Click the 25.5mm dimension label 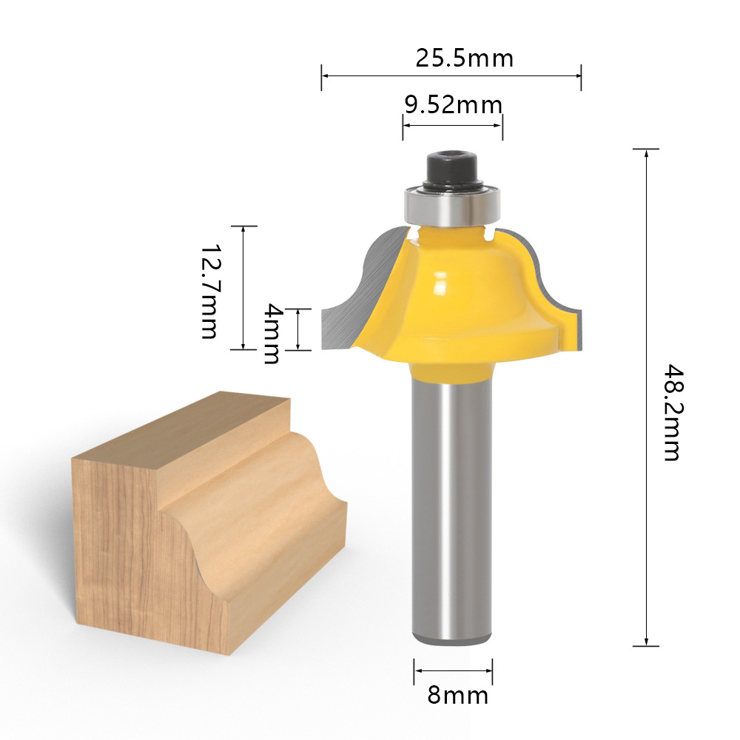tap(465, 58)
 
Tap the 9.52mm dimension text tap(453, 105)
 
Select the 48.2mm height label tap(673, 412)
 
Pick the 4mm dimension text tap(272, 334)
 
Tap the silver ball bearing tap(451, 206)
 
